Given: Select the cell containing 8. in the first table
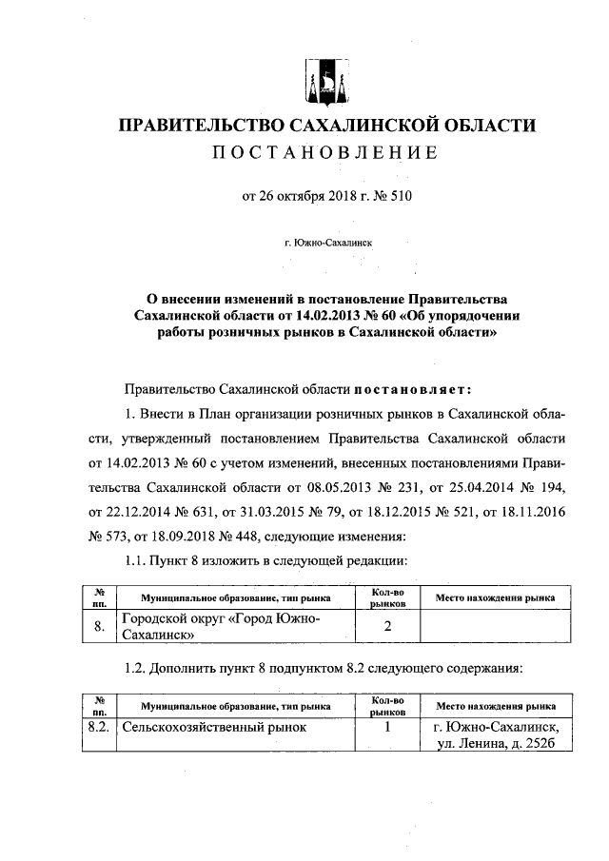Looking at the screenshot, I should pos(99,627).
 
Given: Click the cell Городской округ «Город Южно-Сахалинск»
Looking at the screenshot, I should pos(234,627).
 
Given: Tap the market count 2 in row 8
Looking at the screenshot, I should pos(387,627).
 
